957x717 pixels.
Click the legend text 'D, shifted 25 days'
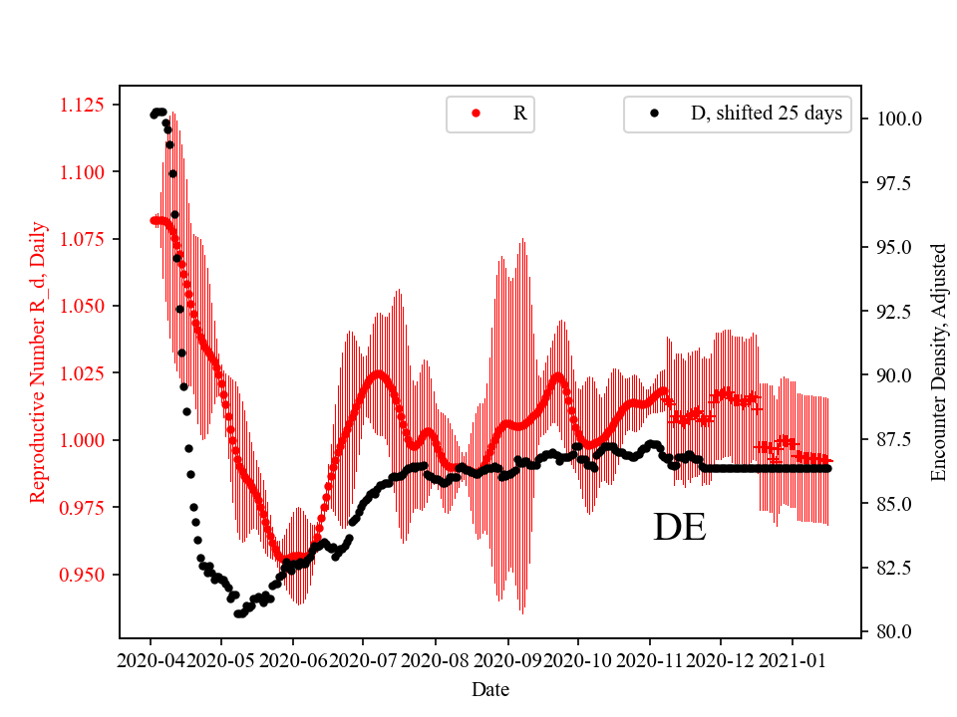767,114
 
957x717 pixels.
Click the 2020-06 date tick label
293,659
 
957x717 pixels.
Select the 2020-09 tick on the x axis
507,659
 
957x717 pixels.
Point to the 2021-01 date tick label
793,659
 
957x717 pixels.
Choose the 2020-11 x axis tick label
650,659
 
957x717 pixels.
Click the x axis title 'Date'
489,688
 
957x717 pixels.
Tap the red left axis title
38,362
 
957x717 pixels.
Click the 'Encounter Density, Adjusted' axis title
938,362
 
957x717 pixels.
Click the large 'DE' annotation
680,528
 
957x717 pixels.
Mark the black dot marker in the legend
654,114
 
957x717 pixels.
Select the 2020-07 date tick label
364,659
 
